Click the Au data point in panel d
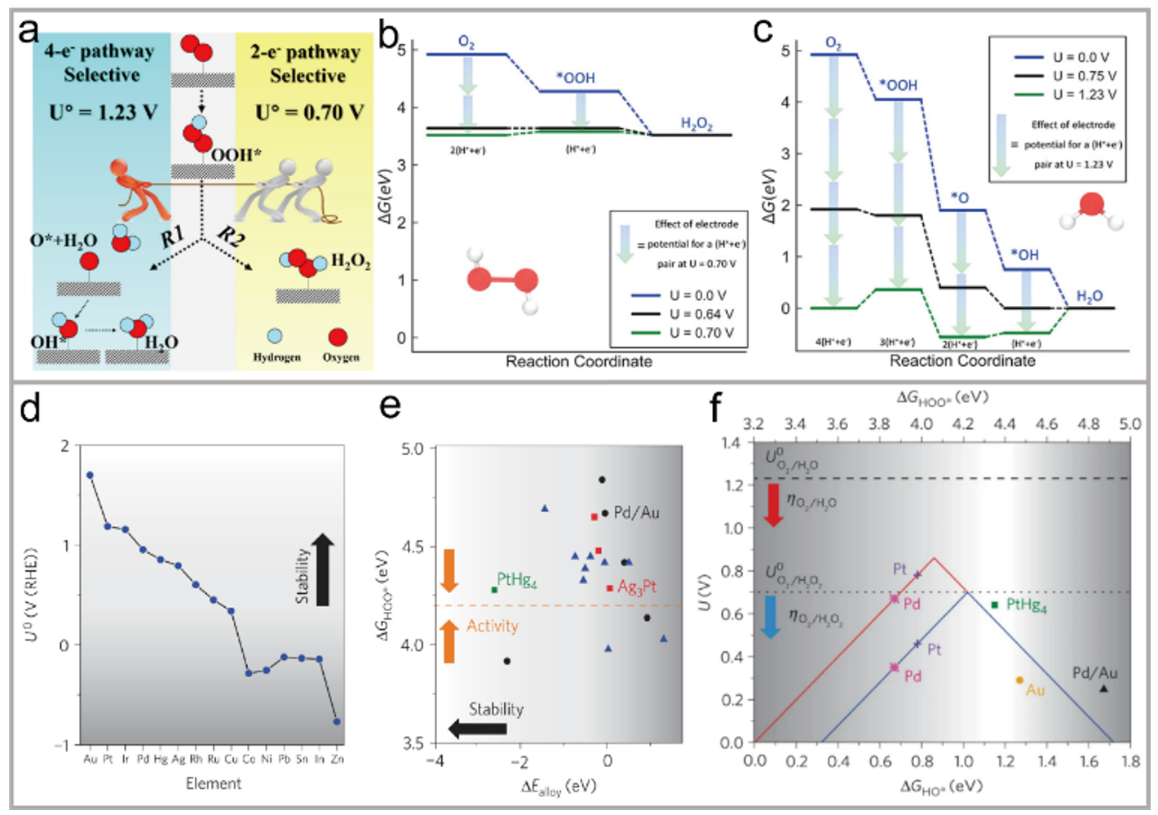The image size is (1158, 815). [90, 475]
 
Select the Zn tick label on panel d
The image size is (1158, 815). [338, 759]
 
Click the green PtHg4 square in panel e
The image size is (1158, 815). [494, 590]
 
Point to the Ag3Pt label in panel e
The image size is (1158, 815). [637, 587]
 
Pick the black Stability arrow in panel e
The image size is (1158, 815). [477, 729]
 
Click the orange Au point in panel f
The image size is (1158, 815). [1019, 680]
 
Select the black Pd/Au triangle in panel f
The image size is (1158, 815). [1103, 689]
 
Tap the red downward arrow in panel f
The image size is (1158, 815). [773, 503]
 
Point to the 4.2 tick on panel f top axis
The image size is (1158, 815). [963, 423]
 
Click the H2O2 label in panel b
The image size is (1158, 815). [696, 123]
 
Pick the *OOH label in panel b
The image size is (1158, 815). [576, 78]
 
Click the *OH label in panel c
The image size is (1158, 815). [1025, 255]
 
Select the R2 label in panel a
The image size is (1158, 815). [232, 237]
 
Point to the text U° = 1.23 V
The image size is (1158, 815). [103, 112]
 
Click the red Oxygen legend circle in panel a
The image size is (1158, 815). [338, 337]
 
